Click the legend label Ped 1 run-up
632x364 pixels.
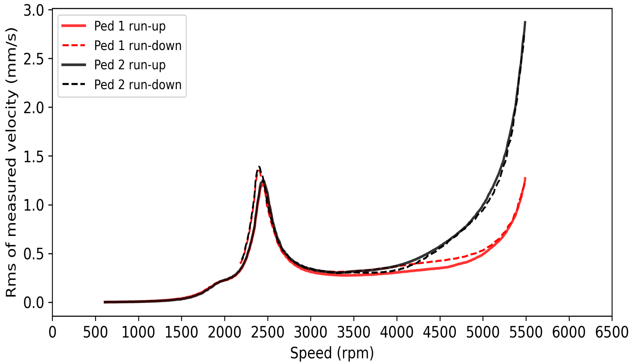click(x=129, y=26)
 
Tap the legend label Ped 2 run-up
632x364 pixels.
click(x=129, y=65)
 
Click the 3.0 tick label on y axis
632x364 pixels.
click(x=34, y=11)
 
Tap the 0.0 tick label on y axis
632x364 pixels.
click(x=34, y=303)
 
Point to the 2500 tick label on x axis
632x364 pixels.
click(x=268, y=332)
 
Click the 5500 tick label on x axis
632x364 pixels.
click(x=526, y=332)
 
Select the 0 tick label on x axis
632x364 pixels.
click(x=52, y=332)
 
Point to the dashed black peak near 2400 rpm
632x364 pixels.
click(x=259, y=166)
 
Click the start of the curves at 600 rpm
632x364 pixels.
click(x=104, y=302)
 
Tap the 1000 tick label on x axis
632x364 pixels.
click(x=138, y=332)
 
